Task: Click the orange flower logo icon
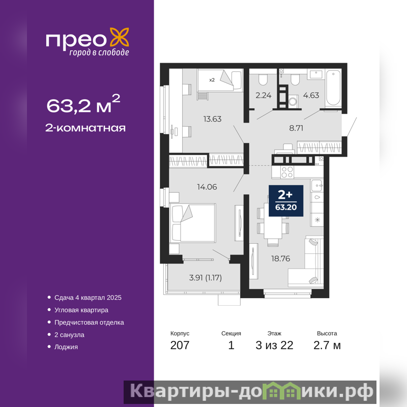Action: (x=120, y=37)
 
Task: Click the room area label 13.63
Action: (x=212, y=119)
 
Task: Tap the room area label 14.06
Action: (x=207, y=187)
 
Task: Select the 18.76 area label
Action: (x=281, y=258)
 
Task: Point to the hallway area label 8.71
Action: (x=296, y=128)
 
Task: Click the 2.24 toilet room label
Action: (x=264, y=95)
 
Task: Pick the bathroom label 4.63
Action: (x=311, y=95)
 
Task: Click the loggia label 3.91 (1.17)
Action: (x=206, y=278)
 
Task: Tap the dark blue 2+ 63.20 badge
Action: (x=286, y=200)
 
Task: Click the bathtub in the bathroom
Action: (x=333, y=88)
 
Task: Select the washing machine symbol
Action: (x=293, y=101)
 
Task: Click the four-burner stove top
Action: (x=287, y=172)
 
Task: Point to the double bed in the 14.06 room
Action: (x=193, y=223)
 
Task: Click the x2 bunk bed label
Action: (x=212, y=80)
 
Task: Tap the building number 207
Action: (x=180, y=345)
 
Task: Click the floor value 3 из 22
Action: (x=274, y=345)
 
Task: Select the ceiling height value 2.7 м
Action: (x=327, y=345)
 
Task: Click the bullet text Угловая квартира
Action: (x=81, y=310)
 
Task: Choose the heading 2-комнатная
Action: (x=85, y=128)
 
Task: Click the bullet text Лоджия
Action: (x=66, y=347)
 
